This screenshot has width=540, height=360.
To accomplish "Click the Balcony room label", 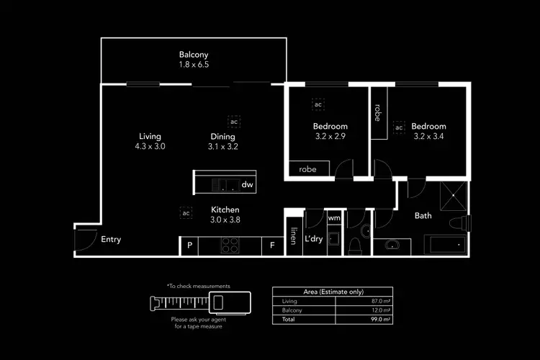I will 193,54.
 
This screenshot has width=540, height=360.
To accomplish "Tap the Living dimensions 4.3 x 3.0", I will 150,146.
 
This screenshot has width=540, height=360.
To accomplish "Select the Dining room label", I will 223,136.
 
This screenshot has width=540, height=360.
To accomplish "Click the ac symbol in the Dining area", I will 234,121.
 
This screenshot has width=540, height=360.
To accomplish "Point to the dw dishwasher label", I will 247,185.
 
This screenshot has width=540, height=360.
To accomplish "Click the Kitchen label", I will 225,210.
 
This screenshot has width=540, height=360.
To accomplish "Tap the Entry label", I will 111,240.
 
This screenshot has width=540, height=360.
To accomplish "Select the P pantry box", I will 189,246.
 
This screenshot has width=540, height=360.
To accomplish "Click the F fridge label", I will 272,246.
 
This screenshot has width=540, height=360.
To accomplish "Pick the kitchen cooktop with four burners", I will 230,246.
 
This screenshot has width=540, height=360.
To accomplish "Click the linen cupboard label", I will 294,236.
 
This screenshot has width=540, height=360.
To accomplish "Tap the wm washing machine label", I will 334,217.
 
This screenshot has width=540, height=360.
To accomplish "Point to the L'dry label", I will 313,239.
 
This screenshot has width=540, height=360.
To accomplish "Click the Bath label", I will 423,215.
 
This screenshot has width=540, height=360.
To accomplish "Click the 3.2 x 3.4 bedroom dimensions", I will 429,135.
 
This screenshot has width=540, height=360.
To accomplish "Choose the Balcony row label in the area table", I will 293,310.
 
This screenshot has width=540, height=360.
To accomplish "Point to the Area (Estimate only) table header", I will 332,292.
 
